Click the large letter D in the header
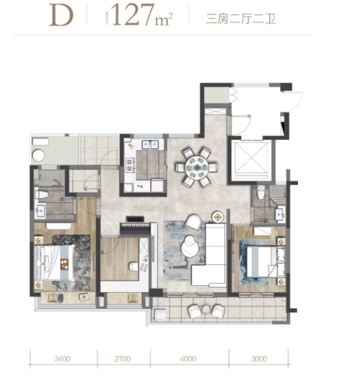coord(61,16)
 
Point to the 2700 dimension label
coord(123,359)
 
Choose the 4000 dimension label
coord(188,359)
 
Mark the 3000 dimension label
coord(259,359)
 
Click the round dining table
coord(197,167)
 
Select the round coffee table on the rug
coord(190,246)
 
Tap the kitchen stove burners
coord(130,165)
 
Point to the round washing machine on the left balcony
coord(39,155)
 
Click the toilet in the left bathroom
coord(43,194)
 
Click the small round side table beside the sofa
coord(218,217)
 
